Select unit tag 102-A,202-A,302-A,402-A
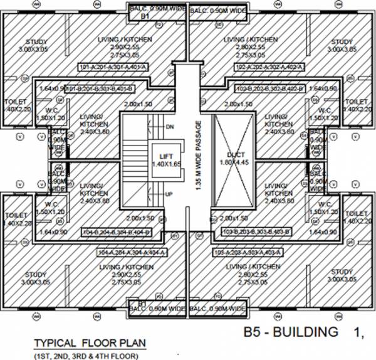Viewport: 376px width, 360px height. point(263,66)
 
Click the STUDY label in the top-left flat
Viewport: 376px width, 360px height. point(36,42)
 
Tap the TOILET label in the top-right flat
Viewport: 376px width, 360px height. point(355,101)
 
